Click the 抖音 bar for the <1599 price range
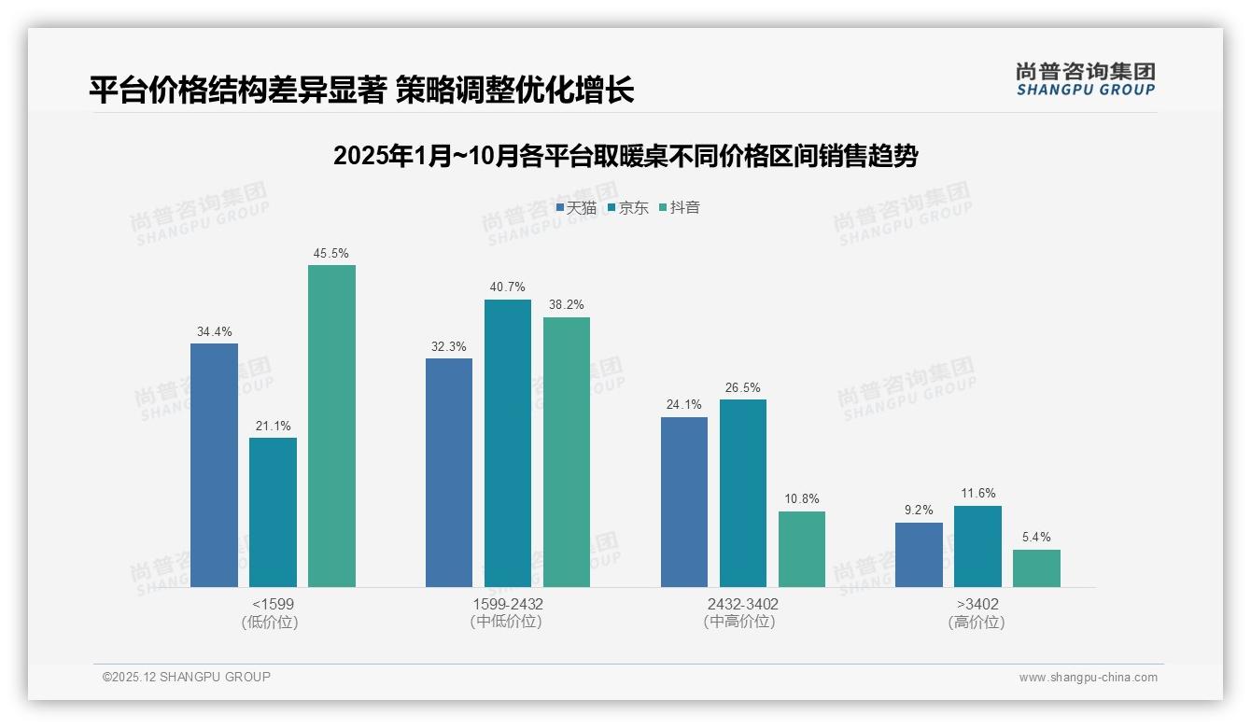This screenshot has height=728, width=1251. (x=331, y=426)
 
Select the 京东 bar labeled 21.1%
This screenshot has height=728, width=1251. (x=273, y=512)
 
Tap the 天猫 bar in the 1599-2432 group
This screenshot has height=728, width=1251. (x=449, y=472)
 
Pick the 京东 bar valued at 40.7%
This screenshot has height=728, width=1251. (x=508, y=443)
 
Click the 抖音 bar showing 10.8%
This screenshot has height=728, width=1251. (x=802, y=549)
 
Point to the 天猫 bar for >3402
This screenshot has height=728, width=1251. (x=919, y=554)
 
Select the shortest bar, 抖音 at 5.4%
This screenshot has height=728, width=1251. (x=1036, y=568)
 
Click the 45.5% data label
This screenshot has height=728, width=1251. (x=331, y=253)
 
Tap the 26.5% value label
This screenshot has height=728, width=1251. (x=742, y=387)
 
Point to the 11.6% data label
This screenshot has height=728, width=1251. (x=977, y=494)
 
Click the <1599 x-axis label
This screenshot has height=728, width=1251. (x=273, y=604)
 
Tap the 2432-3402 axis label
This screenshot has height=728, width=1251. (x=742, y=604)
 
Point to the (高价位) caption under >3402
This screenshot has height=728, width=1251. (x=977, y=623)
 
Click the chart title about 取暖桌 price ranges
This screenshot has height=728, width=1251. (x=625, y=156)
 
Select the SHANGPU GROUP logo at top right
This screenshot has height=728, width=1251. (x=1085, y=79)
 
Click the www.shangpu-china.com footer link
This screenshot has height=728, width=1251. (x=1088, y=678)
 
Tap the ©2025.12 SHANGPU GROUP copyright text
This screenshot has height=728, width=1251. (x=187, y=677)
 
